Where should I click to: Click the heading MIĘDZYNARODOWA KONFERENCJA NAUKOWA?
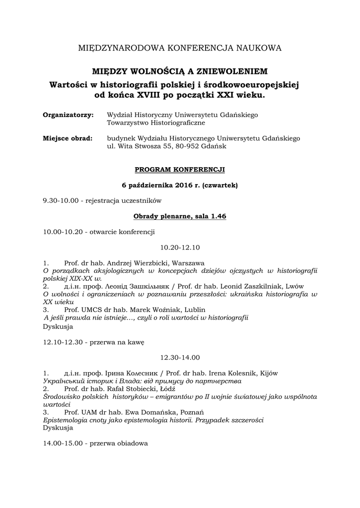click(180, 48)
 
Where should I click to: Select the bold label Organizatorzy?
click(68, 115)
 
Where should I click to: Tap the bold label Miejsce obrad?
click(68, 138)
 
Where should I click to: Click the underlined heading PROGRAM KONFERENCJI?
click(180, 170)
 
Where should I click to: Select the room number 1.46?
click(218, 216)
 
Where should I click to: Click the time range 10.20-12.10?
click(180, 247)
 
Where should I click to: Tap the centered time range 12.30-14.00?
click(180, 357)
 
